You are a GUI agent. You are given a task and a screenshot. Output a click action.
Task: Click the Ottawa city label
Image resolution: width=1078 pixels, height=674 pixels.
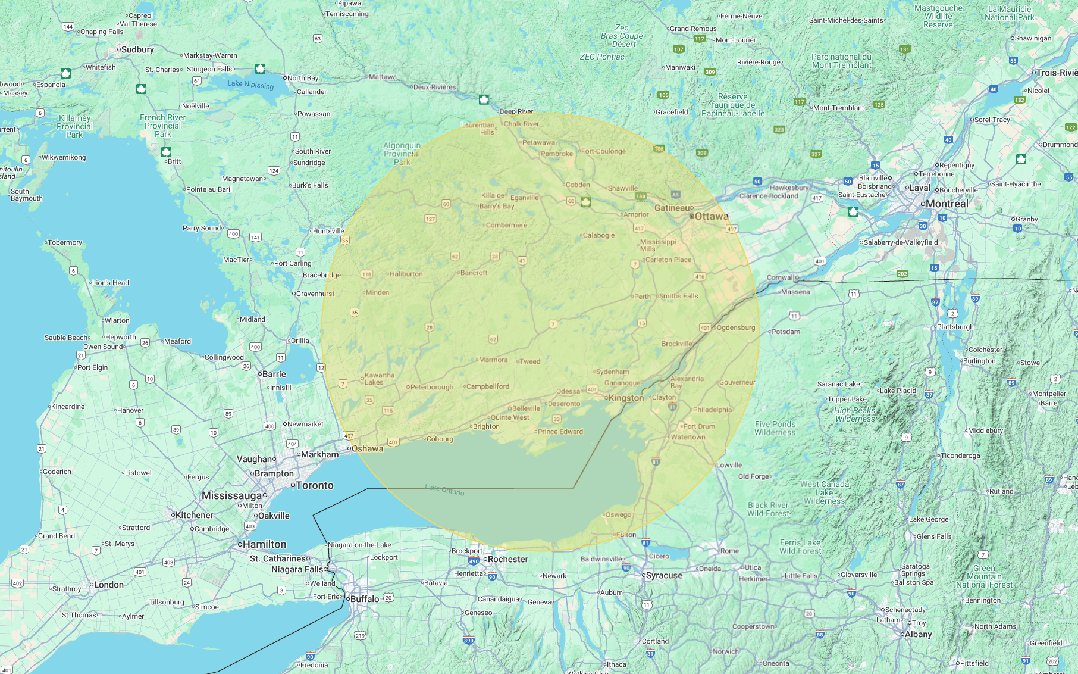pos(712,216)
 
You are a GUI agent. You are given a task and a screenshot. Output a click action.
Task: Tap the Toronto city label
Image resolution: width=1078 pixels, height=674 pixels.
pos(315,485)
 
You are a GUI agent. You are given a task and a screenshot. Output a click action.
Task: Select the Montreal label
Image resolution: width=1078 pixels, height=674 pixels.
pos(947,204)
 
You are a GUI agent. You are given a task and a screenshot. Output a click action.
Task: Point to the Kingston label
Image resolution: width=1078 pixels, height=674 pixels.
pos(626,398)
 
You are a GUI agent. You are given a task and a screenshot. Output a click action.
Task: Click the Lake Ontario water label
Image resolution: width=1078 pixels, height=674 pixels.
pos(444,489)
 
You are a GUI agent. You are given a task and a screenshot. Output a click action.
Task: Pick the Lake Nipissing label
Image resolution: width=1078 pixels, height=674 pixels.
pos(250,85)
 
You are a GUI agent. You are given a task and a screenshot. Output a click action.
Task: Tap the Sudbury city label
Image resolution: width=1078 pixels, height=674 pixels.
pos(137,49)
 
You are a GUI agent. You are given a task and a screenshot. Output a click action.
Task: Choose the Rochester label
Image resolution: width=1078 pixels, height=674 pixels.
pos(507,559)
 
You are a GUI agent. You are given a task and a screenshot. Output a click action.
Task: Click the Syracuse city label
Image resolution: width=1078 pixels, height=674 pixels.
pos(664,575)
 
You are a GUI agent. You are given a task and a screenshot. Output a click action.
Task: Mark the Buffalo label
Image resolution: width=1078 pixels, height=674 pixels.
pos(365,598)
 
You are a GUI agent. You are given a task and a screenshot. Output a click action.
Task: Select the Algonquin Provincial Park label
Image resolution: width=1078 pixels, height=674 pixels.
pos(402,154)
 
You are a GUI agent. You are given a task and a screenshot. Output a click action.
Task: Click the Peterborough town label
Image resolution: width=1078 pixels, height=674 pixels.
pos(431,387)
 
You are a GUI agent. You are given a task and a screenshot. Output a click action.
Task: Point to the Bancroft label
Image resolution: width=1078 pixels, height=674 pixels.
pos(474,273)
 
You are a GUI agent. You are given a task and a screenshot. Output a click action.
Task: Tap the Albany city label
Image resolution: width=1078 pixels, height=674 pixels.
pos(918,634)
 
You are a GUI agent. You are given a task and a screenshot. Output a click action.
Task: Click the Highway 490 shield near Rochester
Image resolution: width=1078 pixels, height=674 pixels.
pos(474,561)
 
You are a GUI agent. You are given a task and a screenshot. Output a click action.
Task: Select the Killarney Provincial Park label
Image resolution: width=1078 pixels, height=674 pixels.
pos(75,126)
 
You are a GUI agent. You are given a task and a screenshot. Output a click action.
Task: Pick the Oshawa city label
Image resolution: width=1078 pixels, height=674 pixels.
pos(367,448)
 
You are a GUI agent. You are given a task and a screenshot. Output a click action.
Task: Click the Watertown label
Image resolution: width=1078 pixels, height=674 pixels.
pos(688,437)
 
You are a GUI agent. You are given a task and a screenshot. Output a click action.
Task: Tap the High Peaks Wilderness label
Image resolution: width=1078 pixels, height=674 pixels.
pos(855,414)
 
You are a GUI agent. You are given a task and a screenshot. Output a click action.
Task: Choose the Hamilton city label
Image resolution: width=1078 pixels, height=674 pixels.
pos(265,544)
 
